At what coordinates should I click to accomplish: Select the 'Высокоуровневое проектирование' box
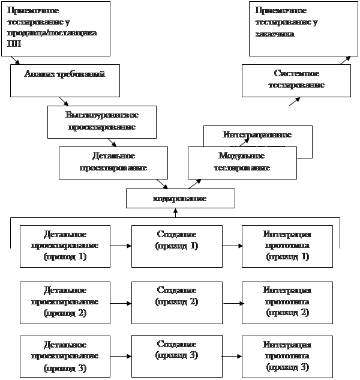pyautogui.click(x=101, y=121)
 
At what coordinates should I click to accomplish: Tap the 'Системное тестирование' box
pyautogui.click(x=296, y=80)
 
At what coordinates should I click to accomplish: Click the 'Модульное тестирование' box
pyautogui.click(x=242, y=162)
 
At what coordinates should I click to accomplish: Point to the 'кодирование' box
pyautogui.click(x=180, y=198)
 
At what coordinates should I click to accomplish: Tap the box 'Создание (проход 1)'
pyautogui.click(x=176, y=246)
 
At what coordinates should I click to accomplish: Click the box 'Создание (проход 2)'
pyautogui.click(x=176, y=301)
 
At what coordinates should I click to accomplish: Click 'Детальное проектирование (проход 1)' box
pyautogui.click(x=65, y=246)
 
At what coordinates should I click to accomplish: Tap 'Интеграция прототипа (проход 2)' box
pyautogui.click(x=287, y=301)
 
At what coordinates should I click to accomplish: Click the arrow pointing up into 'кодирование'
pyautogui.click(x=176, y=212)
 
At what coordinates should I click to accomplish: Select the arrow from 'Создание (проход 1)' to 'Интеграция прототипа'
pyautogui.click(x=232, y=246)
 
